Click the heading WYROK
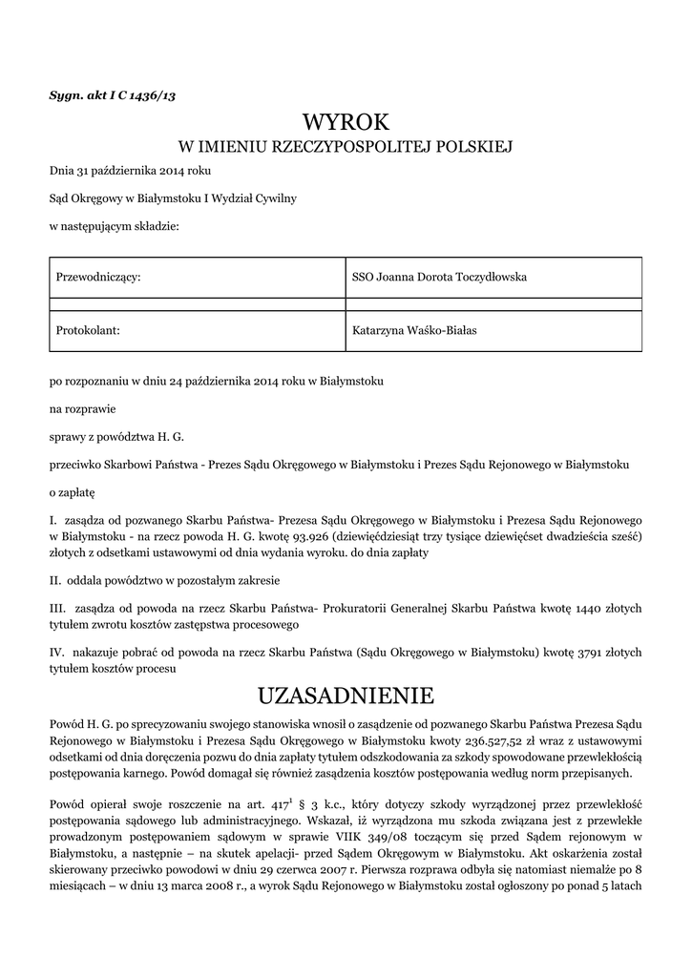pyautogui.click(x=346, y=123)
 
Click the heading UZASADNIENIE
pyautogui.click(x=346, y=693)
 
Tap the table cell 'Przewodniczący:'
pyautogui.click(x=99, y=277)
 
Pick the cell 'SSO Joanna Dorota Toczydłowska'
pyautogui.click(x=439, y=277)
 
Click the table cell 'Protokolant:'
pyautogui.click(x=88, y=330)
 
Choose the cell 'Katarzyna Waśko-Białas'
pyautogui.click(x=414, y=330)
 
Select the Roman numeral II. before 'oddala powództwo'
pyautogui.click(x=55, y=580)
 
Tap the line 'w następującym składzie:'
pyautogui.click(x=114, y=227)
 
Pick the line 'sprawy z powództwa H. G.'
pyautogui.click(x=115, y=437)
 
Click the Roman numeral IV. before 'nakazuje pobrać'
pyautogui.click(x=57, y=653)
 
